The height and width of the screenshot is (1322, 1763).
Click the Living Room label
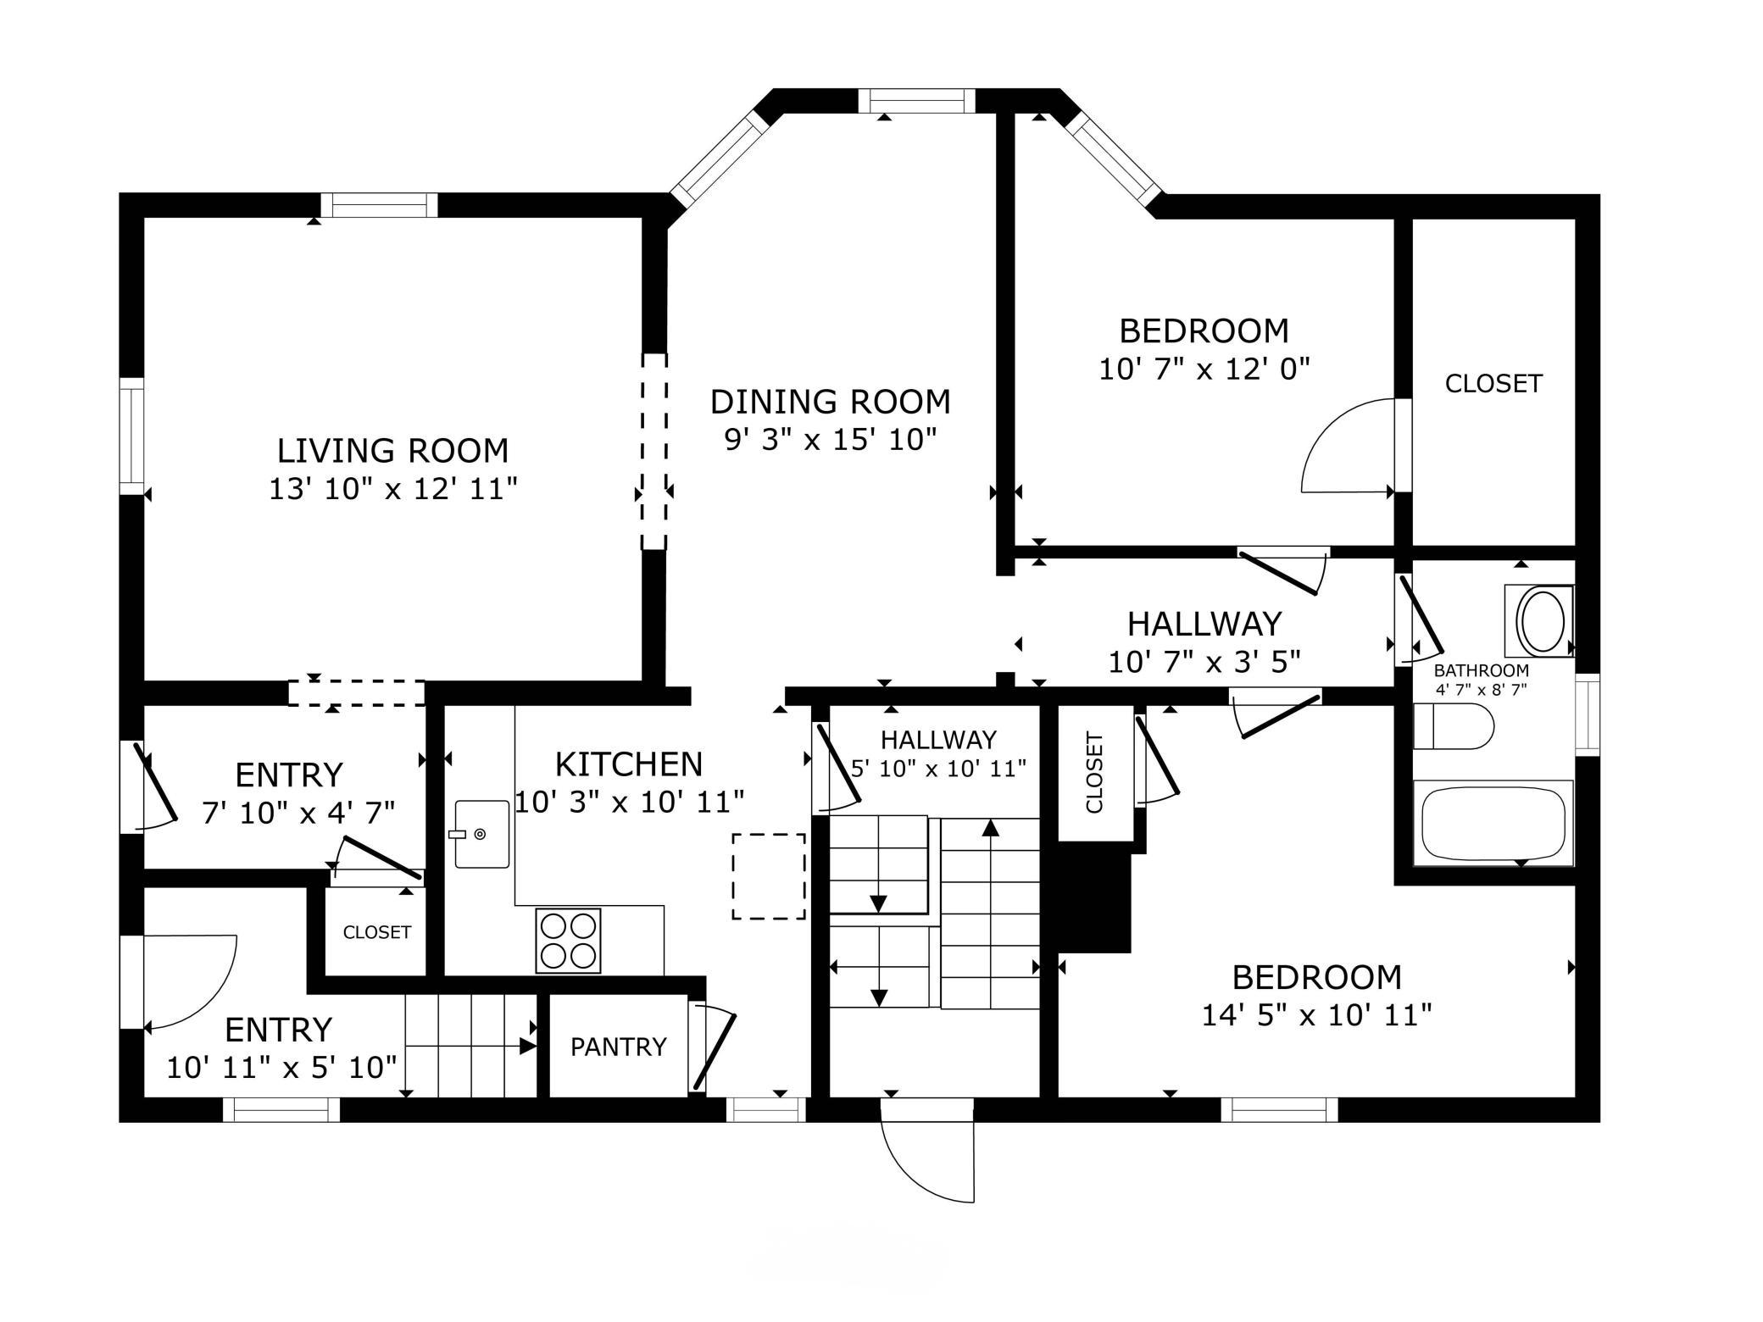click(x=393, y=450)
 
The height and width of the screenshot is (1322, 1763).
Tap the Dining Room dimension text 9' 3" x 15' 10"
click(x=830, y=440)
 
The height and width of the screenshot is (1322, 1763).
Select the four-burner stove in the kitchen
click(x=568, y=940)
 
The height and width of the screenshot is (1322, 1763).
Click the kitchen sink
click(x=482, y=835)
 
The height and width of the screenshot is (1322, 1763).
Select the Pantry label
click(x=619, y=1047)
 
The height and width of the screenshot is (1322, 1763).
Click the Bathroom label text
click(x=1482, y=670)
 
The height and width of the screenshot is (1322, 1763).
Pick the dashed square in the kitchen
click(x=769, y=876)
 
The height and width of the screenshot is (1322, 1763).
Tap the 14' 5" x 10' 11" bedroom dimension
click(x=1317, y=1014)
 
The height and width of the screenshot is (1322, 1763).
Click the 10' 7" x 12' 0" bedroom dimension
click(x=1204, y=369)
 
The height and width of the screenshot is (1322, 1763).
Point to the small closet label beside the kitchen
click(x=377, y=932)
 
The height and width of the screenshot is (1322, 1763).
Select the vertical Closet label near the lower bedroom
click(x=1094, y=773)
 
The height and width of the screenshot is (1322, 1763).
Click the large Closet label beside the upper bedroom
click(x=1493, y=384)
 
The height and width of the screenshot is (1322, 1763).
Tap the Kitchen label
click(x=629, y=764)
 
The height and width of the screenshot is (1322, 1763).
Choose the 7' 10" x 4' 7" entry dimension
click(x=298, y=813)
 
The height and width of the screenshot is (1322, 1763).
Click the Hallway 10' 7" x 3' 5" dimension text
click(x=1204, y=661)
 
